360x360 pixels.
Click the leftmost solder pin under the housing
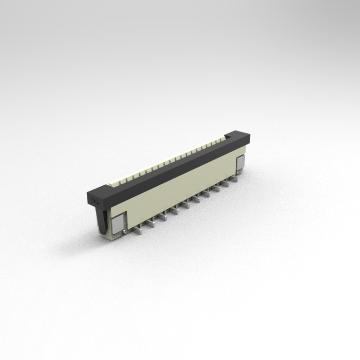click(x=137, y=231)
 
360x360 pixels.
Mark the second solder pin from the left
click(x=151, y=223)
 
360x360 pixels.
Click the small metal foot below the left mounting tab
click(x=124, y=232)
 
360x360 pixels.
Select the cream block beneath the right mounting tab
click(x=240, y=173)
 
